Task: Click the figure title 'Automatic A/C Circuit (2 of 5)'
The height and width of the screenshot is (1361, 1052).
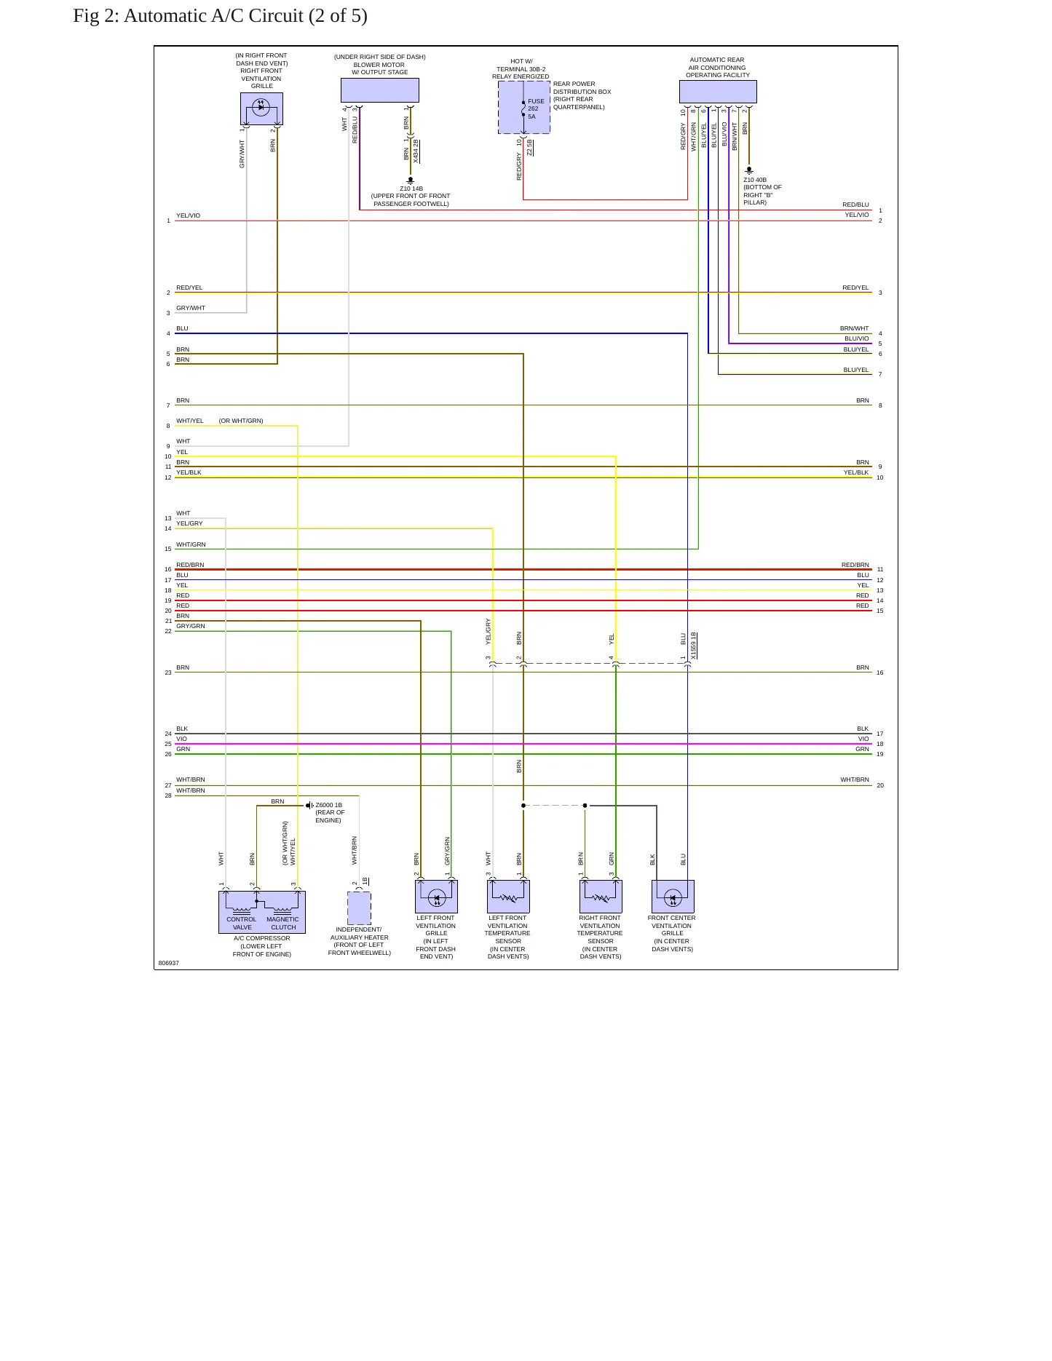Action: coord(245,16)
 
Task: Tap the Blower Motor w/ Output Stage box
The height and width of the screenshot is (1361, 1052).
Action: coord(380,90)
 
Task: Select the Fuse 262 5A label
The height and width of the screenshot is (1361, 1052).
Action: coord(536,109)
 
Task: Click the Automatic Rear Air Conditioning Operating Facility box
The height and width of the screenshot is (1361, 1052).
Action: coord(718,92)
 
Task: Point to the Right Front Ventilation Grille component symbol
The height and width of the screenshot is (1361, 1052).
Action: coord(261,108)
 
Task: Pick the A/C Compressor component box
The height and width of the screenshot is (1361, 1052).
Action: coord(262,912)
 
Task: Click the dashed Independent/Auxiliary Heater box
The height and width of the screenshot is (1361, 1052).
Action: coord(359,908)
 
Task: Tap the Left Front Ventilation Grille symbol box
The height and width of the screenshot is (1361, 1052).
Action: coord(436,897)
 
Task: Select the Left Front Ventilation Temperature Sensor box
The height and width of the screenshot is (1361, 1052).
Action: coord(508,897)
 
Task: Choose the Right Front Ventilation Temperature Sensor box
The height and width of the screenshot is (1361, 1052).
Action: coord(601,897)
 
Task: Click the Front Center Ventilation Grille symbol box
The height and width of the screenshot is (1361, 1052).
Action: coord(673,897)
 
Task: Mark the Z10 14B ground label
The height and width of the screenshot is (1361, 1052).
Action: coord(411,189)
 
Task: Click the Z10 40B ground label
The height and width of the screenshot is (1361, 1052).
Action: coord(755,180)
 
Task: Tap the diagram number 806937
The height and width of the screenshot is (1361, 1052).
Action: coord(169,963)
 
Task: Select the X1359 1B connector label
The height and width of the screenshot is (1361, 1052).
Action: coord(694,646)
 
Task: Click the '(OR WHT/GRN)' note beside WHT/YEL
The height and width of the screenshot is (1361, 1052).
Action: coord(241,421)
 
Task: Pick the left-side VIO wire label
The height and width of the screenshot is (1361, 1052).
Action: coord(181,739)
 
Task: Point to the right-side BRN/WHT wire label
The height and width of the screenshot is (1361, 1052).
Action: coord(855,328)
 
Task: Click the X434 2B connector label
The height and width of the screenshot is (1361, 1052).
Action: coord(416,151)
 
